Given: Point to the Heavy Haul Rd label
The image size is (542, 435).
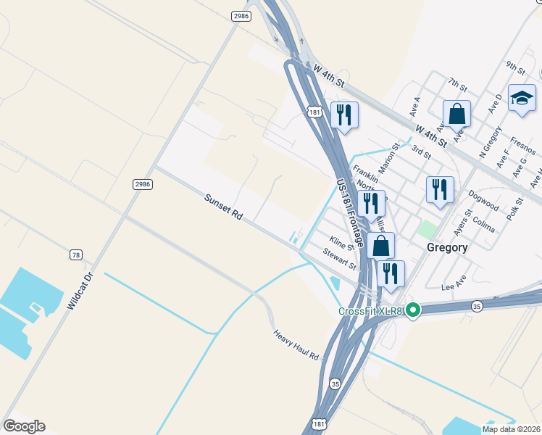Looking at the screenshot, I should tap(296, 345).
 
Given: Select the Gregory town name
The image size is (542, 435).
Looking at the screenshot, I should tap(447, 246).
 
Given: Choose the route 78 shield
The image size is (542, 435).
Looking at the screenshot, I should tap(76, 254).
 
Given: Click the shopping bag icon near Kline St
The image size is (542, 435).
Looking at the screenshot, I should tap(381, 246).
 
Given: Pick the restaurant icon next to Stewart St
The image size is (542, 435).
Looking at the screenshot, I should tap(390, 273).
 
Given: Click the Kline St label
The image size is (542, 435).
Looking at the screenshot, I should tap(341, 244).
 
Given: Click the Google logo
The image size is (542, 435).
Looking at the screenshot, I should tap(24, 426).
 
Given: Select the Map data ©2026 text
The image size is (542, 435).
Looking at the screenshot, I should tap(512, 429).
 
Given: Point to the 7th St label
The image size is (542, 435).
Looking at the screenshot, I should tap(458, 84).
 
